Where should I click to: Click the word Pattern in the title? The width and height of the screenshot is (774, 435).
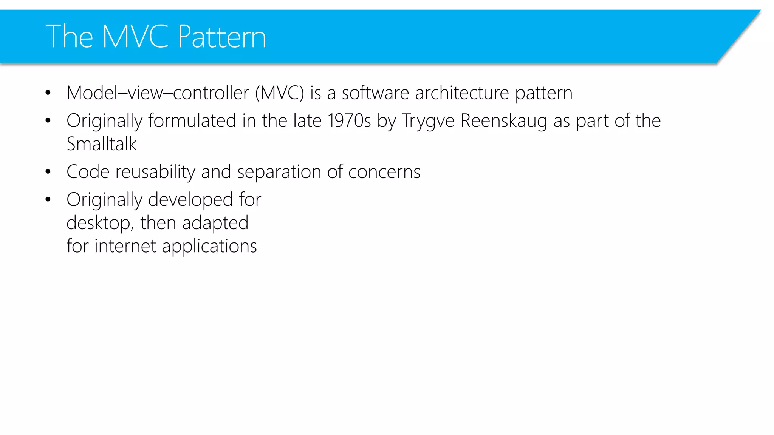[x=222, y=37]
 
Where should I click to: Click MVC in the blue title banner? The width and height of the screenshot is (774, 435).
[x=135, y=37]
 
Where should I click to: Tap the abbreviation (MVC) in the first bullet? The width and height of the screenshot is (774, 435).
[x=279, y=93]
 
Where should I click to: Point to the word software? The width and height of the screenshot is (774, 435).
[x=375, y=93]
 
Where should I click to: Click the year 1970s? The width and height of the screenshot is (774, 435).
[x=349, y=121]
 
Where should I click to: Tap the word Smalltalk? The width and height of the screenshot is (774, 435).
[x=102, y=144]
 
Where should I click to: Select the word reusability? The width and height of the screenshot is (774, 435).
[x=155, y=172]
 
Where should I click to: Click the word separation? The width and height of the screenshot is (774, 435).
[x=279, y=172]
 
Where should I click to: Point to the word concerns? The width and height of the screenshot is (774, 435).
[x=384, y=172]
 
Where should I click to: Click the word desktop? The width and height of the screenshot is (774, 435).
[x=99, y=223]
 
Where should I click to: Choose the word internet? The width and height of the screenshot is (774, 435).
[x=125, y=246]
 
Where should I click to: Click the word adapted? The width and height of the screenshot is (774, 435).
[x=215, y=223]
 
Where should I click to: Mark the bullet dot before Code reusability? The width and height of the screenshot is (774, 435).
[x=48, y=172]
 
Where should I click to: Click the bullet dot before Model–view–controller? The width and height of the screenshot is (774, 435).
[x=48, y=93]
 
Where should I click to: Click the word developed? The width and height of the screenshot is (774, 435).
[x=190, y=200]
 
